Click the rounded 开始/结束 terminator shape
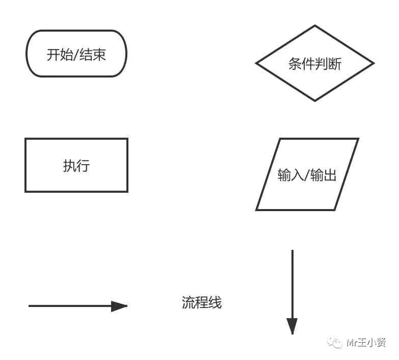[x=76, y=54]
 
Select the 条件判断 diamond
[x=314, y=64]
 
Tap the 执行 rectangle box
[x=76, y=165]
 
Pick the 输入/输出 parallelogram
[x=307, y=174]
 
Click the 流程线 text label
[x=202, y=302]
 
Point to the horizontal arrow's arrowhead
[x=119, y=306]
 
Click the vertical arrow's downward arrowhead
[x=292, y=325]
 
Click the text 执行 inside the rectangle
[x=76, y=166]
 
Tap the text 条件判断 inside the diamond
[x=314, y=64]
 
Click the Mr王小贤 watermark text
[x=365, y=343]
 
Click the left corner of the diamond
[x=256, y=64]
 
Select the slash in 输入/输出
[x=307, y=175]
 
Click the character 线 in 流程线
[x=216, y=302]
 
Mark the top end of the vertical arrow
[x=292, y=250]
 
